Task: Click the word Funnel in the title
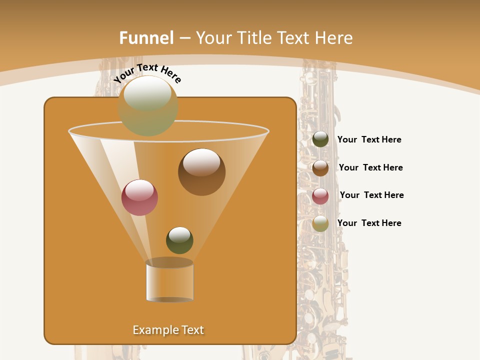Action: (146, 38)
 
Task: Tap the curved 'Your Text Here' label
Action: (147, 73)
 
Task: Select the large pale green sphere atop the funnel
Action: (148, 106)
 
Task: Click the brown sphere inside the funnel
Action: (202, 172)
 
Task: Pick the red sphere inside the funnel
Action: (140, 197)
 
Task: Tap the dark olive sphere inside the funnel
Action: (179, 240)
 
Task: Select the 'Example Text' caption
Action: (168, 330)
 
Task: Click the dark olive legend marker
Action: (320, 139)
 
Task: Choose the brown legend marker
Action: (320, 168)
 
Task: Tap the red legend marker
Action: (320, 196)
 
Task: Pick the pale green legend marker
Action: (320, 223)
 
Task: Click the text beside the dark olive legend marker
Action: (369, 140)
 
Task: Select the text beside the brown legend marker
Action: (370, 168)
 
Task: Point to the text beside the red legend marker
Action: (371, 195)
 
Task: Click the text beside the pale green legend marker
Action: (369, 223)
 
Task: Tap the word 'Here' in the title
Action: (333, 38)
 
